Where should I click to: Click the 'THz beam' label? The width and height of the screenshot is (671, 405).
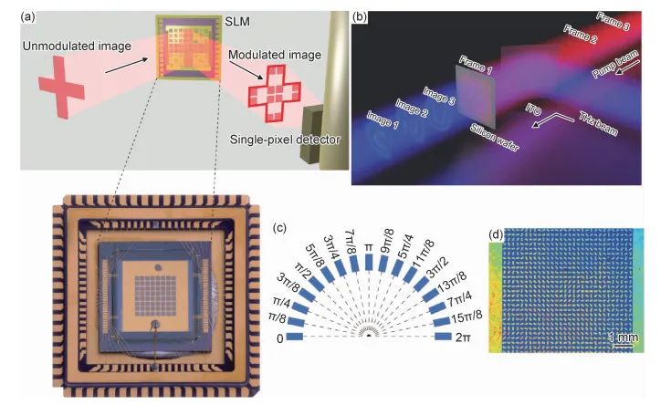click(x=596, y=124)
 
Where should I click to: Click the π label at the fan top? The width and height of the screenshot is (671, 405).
click(x=368, y=248)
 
